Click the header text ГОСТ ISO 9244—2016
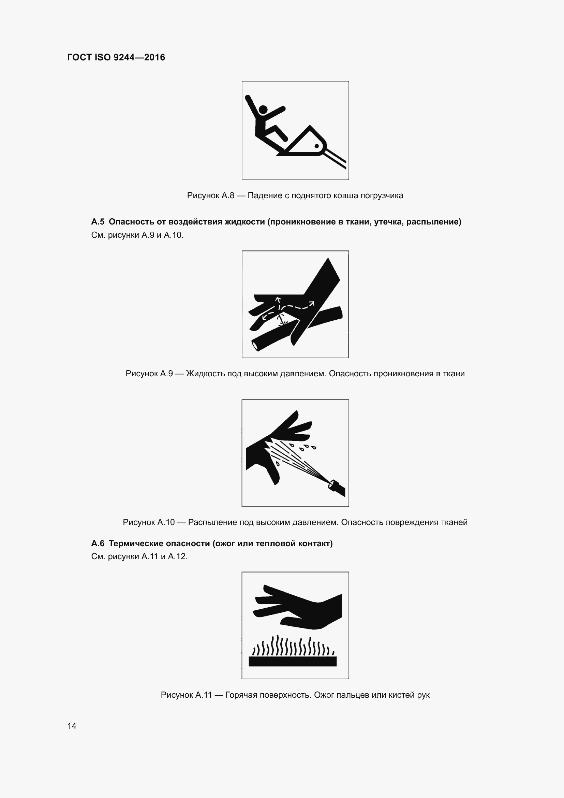tap(116, 57)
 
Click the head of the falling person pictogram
tap(263, 110)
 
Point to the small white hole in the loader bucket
tap(316, 146)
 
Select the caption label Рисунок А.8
tap(210, 195)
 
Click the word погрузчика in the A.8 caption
tap(382, 195)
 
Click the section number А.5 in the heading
tap(98, 222)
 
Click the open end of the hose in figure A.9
tap(256, 346)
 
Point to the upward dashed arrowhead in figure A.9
tap(278, 299)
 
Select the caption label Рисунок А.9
tap(149, 374)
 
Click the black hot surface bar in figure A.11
tap(293, 662)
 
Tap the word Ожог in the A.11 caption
tap(323, 695)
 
